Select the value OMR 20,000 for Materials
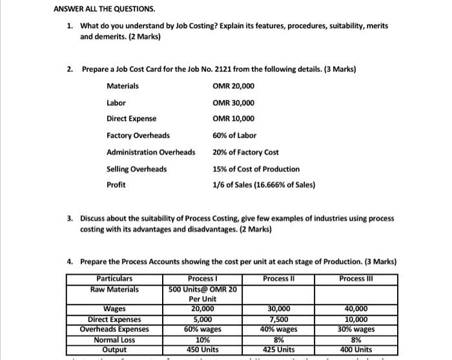233,86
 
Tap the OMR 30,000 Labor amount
233,103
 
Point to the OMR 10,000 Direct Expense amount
233,119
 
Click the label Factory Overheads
138,135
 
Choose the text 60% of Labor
234,135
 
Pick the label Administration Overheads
150,152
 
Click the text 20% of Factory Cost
245,152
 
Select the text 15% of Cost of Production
256,169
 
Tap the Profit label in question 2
116,185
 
